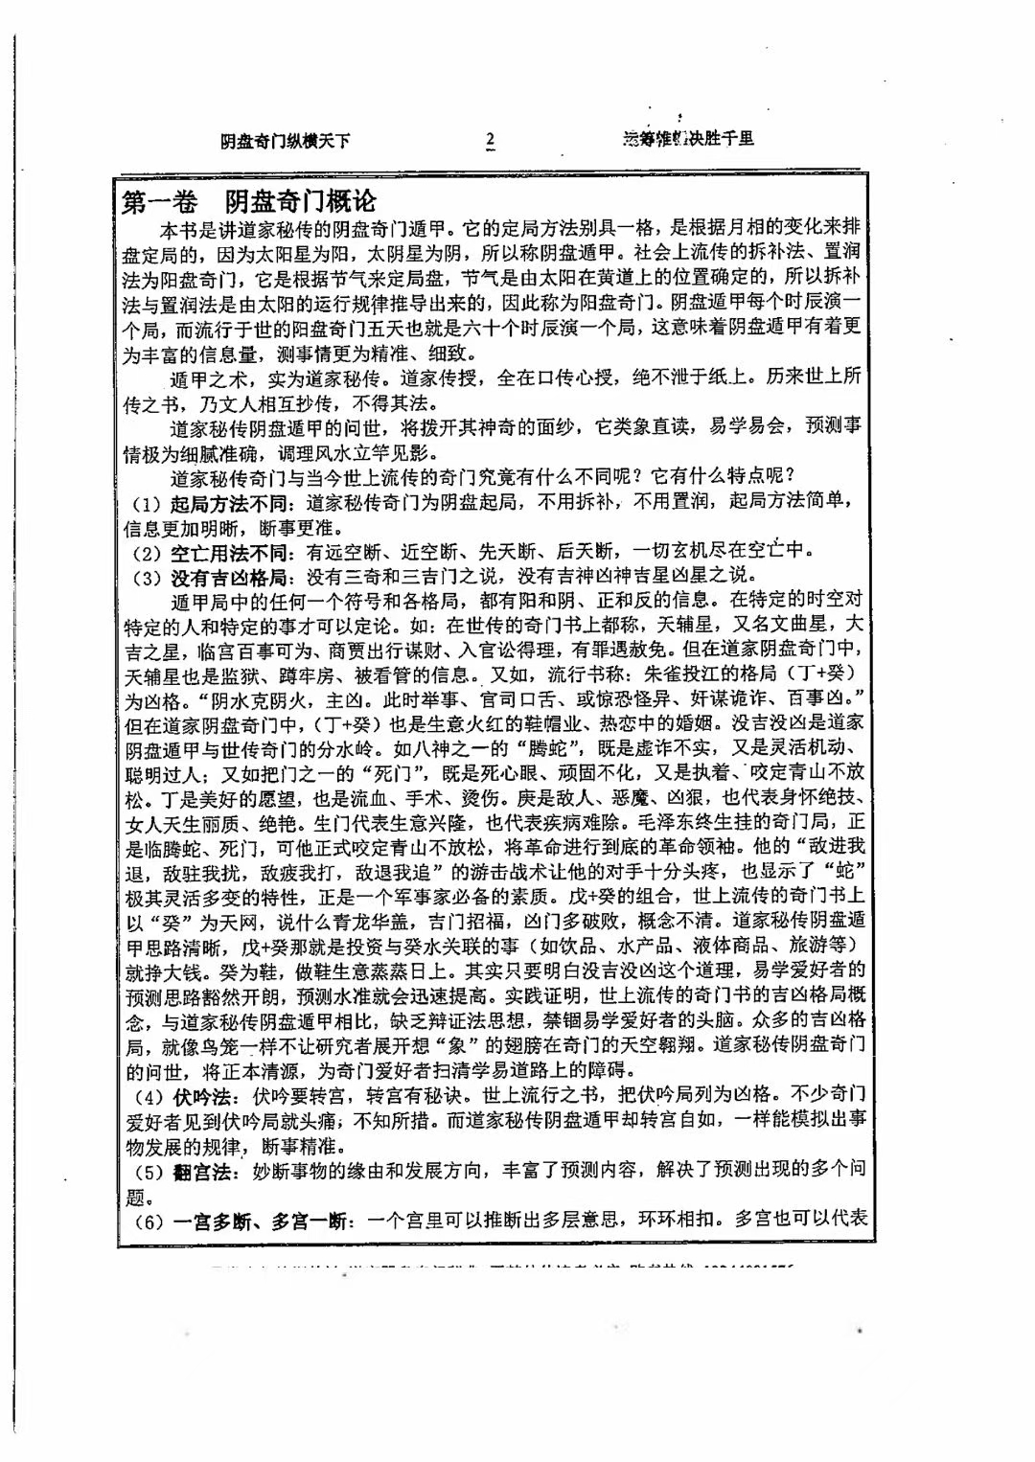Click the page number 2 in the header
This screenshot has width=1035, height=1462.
[490, 140]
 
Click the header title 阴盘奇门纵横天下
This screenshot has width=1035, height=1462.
[285, 141]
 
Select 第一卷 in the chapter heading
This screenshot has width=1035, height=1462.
[161, 203]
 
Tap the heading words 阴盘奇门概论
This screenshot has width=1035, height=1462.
[300, 203]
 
